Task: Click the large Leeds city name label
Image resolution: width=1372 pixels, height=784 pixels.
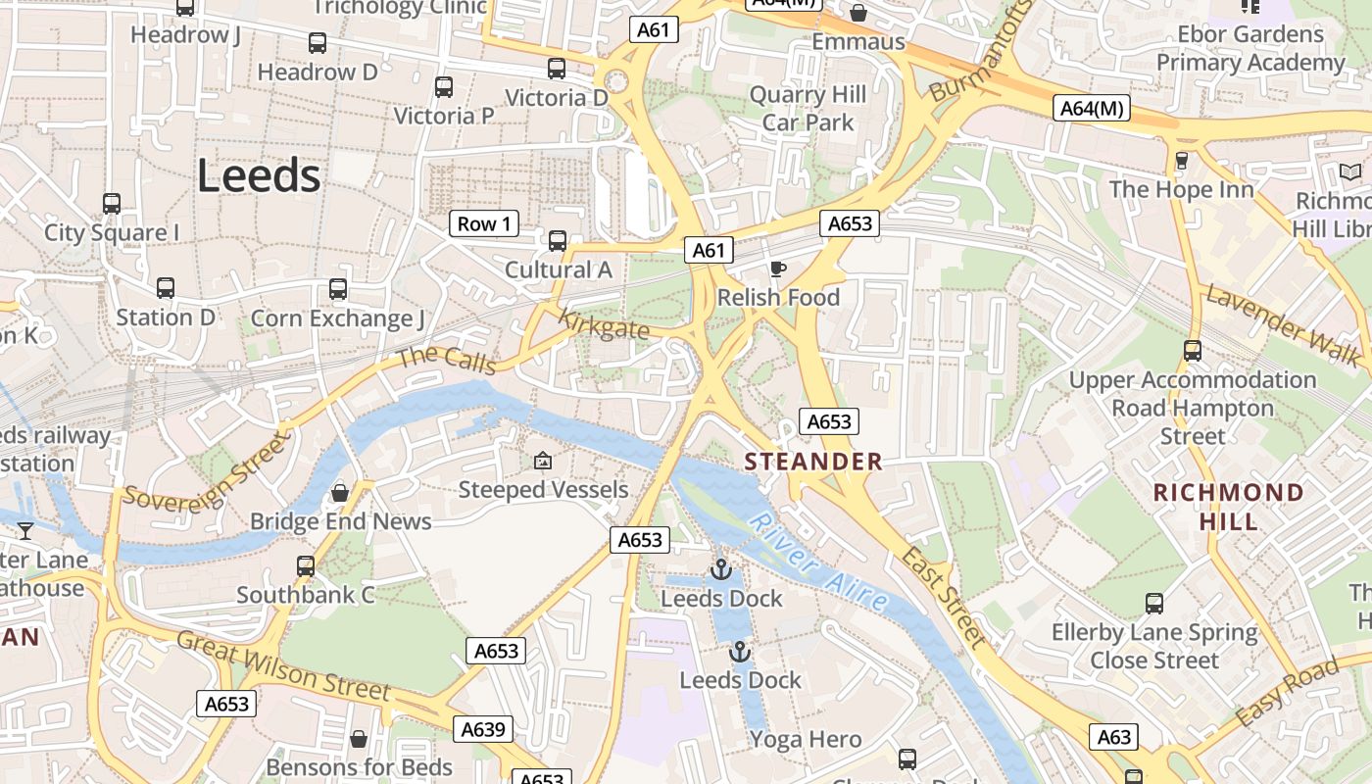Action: (259, 176)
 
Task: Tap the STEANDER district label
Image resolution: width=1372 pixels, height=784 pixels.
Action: (813, 462)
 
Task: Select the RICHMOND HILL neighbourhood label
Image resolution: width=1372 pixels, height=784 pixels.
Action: (1228, 507)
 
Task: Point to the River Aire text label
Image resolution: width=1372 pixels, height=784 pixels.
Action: (818, 562)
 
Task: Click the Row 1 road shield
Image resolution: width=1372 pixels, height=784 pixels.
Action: (484, 223)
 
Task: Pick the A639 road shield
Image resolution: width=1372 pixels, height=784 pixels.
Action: (483, 729)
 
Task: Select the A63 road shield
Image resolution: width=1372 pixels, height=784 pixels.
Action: (1114, 737)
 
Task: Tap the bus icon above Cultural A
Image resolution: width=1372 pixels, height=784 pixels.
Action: (558, 240)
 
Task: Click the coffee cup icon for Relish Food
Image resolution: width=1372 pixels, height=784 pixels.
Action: (778, 269)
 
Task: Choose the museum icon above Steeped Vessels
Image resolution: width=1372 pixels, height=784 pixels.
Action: (542, 461)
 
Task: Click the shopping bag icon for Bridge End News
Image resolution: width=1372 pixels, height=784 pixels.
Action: (340, 492)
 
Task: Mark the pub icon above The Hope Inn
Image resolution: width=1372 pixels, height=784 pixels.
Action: (1181, 160)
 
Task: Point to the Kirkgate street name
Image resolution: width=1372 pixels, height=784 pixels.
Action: (604, 324)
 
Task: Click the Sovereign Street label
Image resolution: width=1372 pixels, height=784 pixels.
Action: (207, 473)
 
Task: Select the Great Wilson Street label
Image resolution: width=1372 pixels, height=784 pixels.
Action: (283, 667)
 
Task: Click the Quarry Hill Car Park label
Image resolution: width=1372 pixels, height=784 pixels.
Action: (808, 109)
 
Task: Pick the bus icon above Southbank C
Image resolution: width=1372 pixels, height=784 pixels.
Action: (306, 565)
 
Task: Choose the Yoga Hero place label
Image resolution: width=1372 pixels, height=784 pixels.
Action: (806, 740)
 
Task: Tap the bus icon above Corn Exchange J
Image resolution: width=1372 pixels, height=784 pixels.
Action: (338, 289)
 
